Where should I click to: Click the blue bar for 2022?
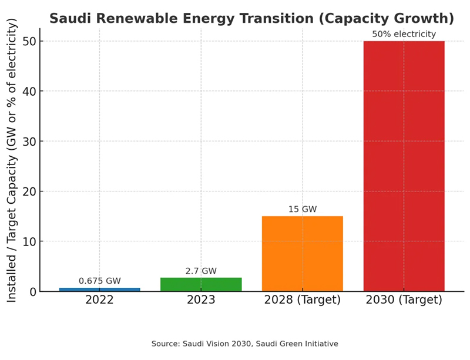[99, 289]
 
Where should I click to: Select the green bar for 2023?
[201, 284]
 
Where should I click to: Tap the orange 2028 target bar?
[302, 254]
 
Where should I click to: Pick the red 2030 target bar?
[404, 166]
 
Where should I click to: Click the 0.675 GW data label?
[99, 281]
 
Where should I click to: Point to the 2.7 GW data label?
[201, 271]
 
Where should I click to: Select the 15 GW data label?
[302, 209]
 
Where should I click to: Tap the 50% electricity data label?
[404, 34]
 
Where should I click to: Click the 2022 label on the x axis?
[99, 300]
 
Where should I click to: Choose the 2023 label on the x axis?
[201, 300]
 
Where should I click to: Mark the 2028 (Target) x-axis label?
[302, 300]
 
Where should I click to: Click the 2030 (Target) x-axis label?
[404, 300]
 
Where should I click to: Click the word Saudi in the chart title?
[69, 18]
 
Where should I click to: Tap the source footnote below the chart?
[244, 344]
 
